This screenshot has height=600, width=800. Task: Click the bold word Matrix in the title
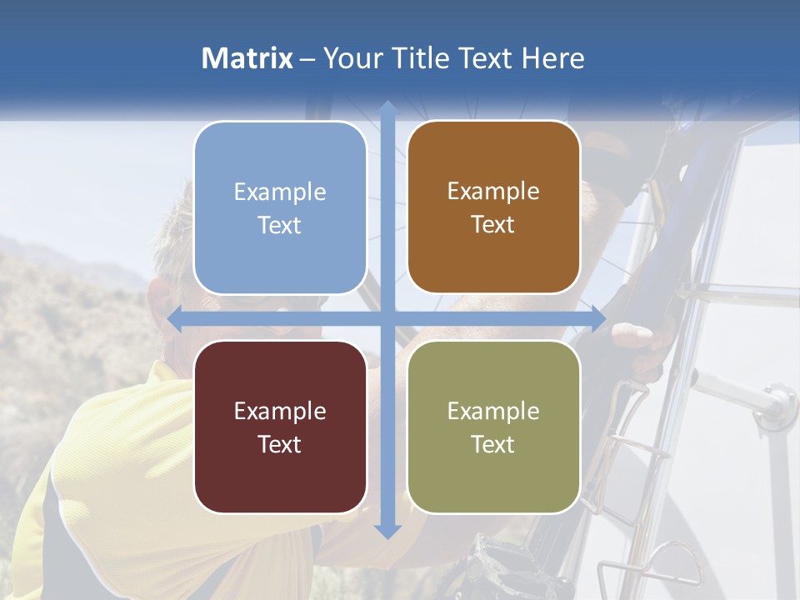[247, 58]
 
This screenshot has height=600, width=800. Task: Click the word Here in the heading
[552, 58]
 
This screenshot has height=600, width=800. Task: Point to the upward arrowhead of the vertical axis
[387, 108]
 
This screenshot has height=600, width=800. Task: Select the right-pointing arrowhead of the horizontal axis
[597, 318]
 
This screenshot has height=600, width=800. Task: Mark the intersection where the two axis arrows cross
[387, 318]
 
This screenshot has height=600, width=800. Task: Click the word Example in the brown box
[493, 192]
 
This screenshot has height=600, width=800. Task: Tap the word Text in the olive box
[493, 445]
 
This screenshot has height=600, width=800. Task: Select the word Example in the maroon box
[280, 411]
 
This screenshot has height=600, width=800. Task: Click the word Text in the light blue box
[280, 225]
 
